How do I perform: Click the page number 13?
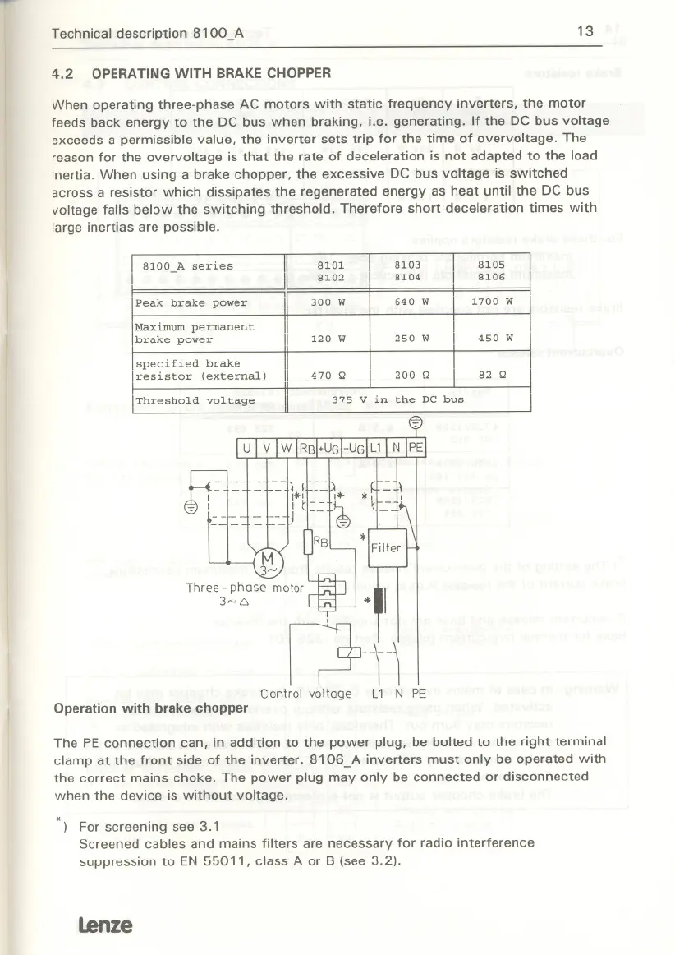(585, 32)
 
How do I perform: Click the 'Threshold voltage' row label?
(195, 401)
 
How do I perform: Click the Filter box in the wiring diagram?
(386, 547)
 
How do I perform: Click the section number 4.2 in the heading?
(62, 73)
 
